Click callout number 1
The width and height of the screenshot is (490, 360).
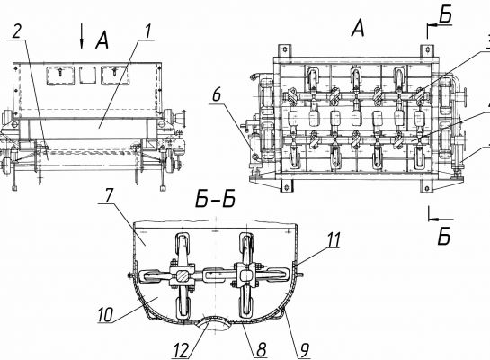point(147,31)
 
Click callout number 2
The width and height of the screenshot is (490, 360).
point(18,31)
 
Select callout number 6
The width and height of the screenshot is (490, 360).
point(217,94)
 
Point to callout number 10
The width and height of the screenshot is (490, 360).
point(105,314)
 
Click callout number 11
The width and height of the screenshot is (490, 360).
point(334,240)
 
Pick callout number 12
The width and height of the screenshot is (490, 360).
point(182,350)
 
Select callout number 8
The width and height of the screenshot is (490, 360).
point(262,349)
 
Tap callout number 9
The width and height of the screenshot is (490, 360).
point(303,350)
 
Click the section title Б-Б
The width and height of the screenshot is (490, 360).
point(215,200)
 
